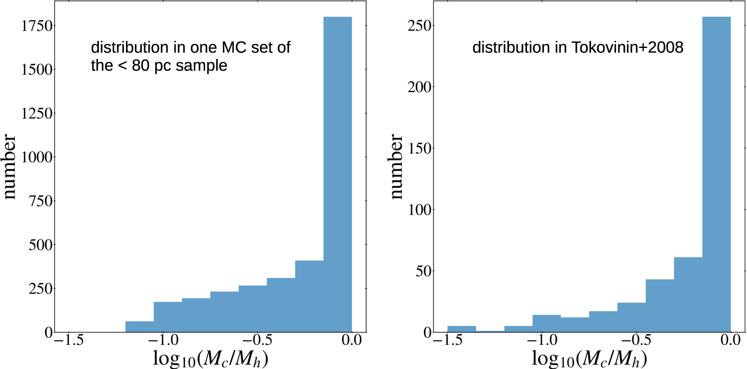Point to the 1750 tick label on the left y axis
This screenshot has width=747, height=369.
coord(37,26)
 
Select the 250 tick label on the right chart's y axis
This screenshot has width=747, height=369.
coord(420,26)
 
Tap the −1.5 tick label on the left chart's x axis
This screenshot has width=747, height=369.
coord(69,340)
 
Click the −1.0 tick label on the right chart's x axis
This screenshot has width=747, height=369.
coord(542,340)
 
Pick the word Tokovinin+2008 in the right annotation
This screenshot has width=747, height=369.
coord(627,47)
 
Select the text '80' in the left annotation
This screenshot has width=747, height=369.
coord(141,66)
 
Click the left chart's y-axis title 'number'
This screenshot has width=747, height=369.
coord(10,167)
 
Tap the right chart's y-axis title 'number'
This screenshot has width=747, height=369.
coord(396,167)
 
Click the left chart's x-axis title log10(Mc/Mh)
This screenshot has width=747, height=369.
coord(210,358)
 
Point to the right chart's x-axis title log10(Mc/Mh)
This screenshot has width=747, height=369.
coord(589,358)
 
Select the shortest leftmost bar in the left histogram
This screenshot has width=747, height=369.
coord(139,327)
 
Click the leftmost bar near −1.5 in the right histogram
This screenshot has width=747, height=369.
coord(461,329)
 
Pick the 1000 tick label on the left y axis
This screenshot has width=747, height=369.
coord(37,157)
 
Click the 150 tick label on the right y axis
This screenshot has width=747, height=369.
coord(420,149)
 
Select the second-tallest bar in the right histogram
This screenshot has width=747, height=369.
coord(688,295)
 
